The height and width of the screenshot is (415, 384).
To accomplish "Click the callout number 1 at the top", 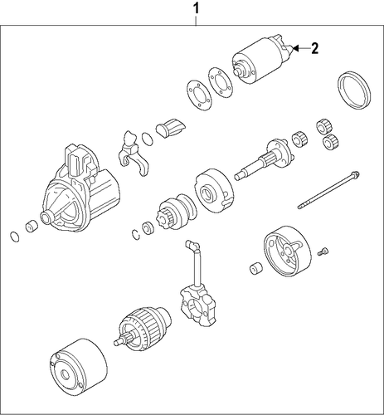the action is pos(196,9).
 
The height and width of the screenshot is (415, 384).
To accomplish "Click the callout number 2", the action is pos(314,49).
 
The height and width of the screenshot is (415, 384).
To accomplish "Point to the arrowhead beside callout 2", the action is pos(296,49).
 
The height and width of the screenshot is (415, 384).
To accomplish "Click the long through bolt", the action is pos(328,190).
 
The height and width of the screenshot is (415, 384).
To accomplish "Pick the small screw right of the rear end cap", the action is pos(323,251).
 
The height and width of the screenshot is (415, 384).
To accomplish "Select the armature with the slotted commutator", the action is pos(143,329).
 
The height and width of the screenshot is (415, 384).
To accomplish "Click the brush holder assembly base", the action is pos(198,305).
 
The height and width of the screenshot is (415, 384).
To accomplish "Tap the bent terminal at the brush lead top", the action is pos(192,245).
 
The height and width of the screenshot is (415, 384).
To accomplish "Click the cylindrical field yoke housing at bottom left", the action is pos(79,367).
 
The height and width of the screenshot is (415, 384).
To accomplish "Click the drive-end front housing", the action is pos(80,188).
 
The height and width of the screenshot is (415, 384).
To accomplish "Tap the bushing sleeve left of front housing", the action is pos(32,226).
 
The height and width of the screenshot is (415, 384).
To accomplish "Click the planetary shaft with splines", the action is pos(263,161).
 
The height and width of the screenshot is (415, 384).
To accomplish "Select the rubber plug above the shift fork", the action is pos(171,128).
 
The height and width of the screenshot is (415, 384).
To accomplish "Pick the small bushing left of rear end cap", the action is pos(256,267).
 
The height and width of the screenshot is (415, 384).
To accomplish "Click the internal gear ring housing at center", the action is pos(214,190).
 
